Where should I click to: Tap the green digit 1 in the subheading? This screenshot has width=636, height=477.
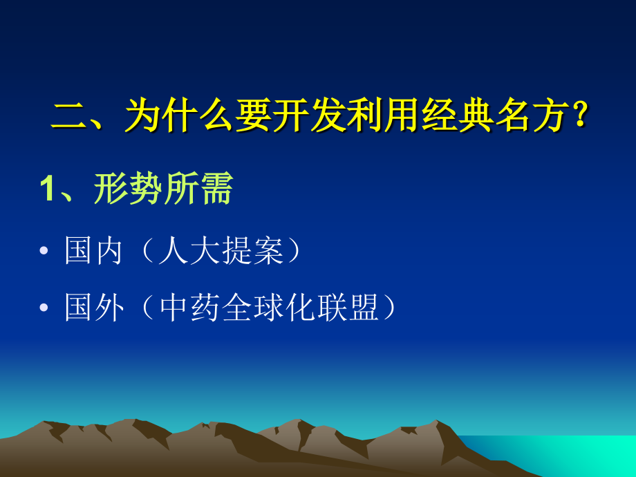tap(47, 189)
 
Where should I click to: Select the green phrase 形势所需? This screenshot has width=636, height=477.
tap(163, 189)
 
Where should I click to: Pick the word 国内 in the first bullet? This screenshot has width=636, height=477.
tap(94, 252)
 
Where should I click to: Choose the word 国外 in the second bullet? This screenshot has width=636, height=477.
tap(94, 308)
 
